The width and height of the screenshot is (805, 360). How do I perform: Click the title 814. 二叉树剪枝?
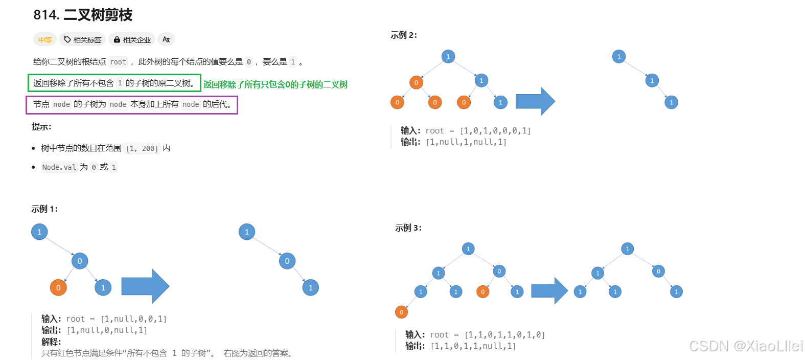pos(83,15)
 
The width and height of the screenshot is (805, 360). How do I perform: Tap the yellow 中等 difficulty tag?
pos(45,39)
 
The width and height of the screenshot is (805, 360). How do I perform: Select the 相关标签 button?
pos(82,39)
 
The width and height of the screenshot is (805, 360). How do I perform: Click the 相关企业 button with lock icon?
pos(132,39)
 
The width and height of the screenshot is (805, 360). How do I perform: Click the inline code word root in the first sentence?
pos(118,62)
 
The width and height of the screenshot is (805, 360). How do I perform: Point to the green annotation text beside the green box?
pos(275,84)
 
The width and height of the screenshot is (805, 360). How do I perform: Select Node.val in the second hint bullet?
pos(59,167)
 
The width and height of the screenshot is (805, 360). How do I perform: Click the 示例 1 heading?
pos(44,209)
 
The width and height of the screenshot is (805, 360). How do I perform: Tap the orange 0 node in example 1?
pos(58,288)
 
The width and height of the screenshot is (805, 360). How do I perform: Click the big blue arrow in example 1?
pos(145,286)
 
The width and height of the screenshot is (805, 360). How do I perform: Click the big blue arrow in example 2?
pos(535,101)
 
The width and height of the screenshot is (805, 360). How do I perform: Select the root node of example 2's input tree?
pos(448,56)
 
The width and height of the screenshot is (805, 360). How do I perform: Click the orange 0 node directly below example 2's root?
pos(416,83)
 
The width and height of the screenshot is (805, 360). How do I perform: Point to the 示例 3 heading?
pos(408,228)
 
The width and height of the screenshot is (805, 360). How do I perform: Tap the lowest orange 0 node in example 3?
pos(401,312)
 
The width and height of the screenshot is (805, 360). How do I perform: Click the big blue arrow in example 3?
pos(549,290)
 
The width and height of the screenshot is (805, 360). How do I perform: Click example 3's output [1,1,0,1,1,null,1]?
pos(473,346)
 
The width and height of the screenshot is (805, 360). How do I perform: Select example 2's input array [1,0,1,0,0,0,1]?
pos(496,130)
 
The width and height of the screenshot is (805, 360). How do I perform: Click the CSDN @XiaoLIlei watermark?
pos(746,346)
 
